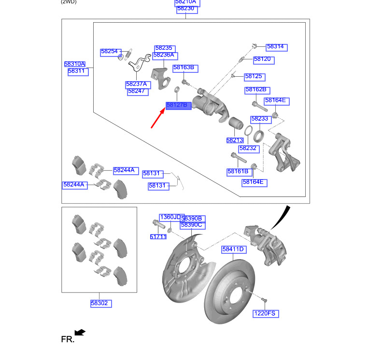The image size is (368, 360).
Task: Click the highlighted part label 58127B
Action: pos(176,105)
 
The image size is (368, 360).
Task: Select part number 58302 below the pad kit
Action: pos(99,304)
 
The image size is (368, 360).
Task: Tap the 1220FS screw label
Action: pos(265,314)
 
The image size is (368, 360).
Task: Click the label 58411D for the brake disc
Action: pos(233,249)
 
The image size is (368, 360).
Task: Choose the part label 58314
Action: pos(275,47)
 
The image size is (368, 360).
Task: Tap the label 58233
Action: pos(259,119)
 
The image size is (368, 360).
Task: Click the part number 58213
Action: pos(234,140)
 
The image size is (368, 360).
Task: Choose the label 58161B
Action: pos(238,171)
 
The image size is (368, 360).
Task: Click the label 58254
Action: pos(109,52)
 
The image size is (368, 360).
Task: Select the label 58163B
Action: pos(183,68)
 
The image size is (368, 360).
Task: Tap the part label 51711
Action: pos(157,237)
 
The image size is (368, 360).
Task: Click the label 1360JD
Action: pos(170,217)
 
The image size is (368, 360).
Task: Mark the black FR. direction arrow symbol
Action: pos(80,332)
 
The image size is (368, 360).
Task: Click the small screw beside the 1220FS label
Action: pos(264,301)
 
